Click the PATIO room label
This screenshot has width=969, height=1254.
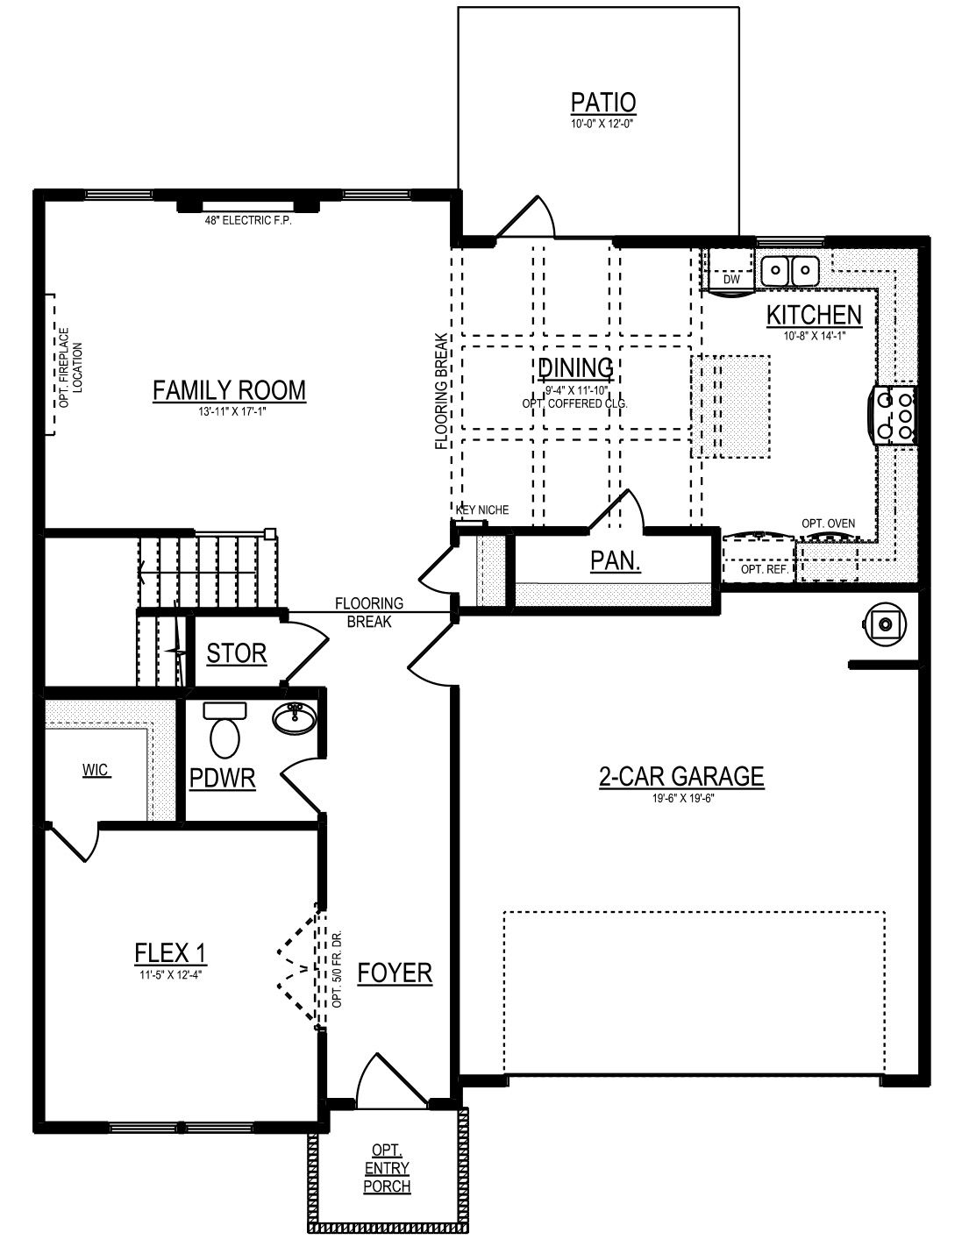pyautogui.click(x=603, y=103)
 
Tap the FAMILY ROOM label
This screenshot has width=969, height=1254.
pyautogui.click(x=229, y=391)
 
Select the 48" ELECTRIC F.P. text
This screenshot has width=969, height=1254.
pyautogui.click(x=248, y=220)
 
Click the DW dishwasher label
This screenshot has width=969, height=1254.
pyautogui.click(x=731, y=280)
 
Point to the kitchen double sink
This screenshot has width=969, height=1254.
pyautogui.click(x=789, y=269)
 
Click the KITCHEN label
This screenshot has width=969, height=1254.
pyautogui.click(x=814, y=315)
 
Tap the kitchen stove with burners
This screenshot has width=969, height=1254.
pyautogui.click(x=894, y=415)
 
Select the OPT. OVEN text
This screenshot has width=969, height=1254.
pyautogui.click(x=828, y=524)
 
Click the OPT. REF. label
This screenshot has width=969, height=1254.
pyautogui.click(x=765, y=570)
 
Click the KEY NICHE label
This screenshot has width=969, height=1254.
pyautogui.click(x=482, y=510)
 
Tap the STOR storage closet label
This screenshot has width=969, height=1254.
pyautogui.click(x=237, y=653)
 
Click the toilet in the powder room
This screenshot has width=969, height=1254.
pyautogui.click(x=225, y=730)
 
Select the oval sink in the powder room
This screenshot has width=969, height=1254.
pyautogui.click(x=295, y=719)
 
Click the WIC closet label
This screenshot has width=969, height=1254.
pyautogui.click(x=96, y=771)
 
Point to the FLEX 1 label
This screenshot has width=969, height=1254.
pyautogui.click(x=170, y=953)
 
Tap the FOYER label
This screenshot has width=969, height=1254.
pyautogui.click(x=395, y=973)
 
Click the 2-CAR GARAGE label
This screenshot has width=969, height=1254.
pyautogui.click(x=681, y=776)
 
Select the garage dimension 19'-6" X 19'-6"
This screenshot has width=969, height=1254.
pyautogui.click(x=681, y=799)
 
